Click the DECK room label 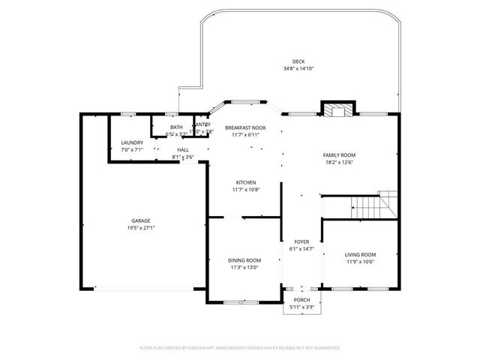(x=298, y=61)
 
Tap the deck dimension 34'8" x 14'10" (x=298, y=68)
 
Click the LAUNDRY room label (x=132, y=142)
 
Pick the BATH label (x=176, y=127)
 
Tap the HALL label (x=183, y=150)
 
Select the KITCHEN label (x=246, y=182)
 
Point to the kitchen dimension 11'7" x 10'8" (x=246, y=189)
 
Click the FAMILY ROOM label (x=339, y=154)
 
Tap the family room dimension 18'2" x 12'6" (x=339, y=161)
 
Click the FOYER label (x=301, y=241)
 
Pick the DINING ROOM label (x=244, y=260)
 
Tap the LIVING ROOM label (x=359, y=254)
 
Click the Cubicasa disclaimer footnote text (x=240, y=348)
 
